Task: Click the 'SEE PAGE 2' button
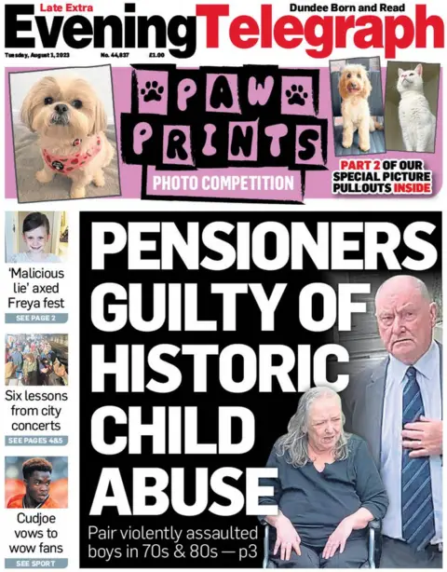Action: click(36, 319)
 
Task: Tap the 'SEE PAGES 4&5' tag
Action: click(36, 441)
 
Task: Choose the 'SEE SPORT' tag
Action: click(36, 563)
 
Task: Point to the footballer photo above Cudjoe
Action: click(36, 483)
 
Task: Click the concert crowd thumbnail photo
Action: click(36, 360)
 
